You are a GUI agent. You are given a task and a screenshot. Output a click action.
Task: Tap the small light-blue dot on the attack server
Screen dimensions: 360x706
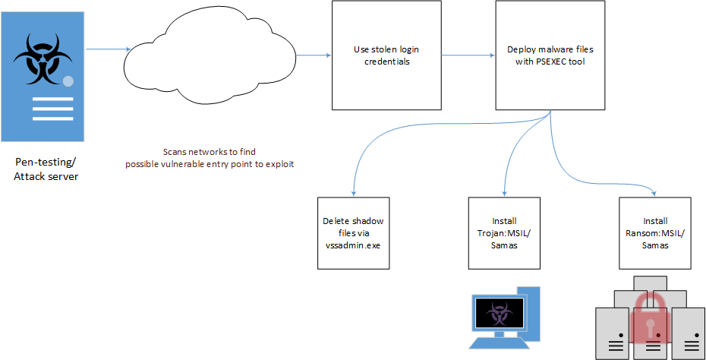click(x=68, y=81)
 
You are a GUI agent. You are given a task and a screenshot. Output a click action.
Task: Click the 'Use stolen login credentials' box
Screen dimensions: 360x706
click(x=386, y=55)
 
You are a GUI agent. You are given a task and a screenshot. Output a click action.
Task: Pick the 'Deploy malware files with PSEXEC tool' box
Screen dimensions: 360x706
click(x=550, y=55)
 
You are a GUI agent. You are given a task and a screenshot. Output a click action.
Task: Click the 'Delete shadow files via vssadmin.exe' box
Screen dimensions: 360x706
click(x=352, y=233)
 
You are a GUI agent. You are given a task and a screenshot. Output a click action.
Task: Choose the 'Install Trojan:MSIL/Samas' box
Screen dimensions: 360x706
click(x=504, y=233)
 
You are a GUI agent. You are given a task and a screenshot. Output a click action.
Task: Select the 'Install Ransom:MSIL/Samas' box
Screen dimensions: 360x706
click(x=655, y=233)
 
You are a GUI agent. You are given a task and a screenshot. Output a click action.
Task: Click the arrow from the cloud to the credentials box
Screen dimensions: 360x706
click(x=313, y=55)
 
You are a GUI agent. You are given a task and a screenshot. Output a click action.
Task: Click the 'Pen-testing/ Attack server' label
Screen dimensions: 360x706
click(x=46, y=169)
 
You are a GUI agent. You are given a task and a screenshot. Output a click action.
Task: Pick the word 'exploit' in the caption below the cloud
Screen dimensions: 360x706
click(x=279, y=163)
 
